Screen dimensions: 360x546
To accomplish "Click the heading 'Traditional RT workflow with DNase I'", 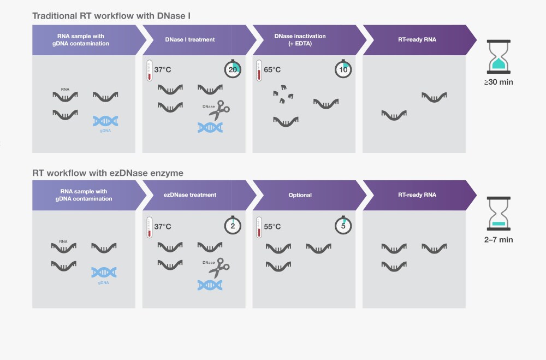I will [111, 16].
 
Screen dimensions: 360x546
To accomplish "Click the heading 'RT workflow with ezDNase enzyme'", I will [108, 173].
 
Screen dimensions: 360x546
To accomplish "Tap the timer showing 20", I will [233, 69].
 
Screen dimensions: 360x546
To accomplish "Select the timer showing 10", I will [342, 69].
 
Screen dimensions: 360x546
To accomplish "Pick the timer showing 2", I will [233, 226].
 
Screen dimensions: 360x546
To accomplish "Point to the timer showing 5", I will [342, 226].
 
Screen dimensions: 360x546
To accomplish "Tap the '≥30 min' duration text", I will [498, 82].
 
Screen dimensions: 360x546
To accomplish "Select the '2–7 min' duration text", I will [498, 239].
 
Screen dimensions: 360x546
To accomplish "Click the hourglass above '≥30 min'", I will [498, 57].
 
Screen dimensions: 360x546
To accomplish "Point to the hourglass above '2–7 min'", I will [498, 213].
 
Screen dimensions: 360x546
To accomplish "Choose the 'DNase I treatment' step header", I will [189, 40].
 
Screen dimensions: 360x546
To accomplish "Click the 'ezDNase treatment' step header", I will [190, 195].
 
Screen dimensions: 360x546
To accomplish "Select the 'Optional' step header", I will [300, 195].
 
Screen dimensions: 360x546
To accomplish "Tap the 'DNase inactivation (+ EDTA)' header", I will [300, 39].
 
